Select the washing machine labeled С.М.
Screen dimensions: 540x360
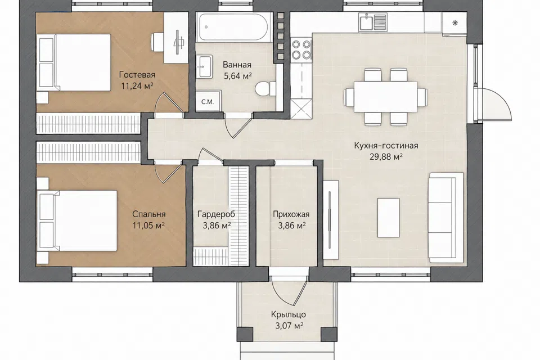click(208, 101)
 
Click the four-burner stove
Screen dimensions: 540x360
click(301, 49)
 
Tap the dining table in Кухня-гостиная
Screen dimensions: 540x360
click(386, 97)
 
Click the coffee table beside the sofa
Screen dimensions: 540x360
click(389, 217)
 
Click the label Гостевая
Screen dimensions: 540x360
click(137, 75)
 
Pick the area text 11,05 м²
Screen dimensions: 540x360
click(148, 226)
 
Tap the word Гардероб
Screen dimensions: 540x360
click(216, 214)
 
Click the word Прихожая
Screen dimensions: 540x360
click(291, 214)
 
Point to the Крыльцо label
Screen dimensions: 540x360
click(289, 314)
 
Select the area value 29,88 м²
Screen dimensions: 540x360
click(386, 157)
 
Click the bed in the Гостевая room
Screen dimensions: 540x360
click(75, 62)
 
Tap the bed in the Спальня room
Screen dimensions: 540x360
click(78, 221)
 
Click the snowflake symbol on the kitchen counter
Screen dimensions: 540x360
click(454, 23)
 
